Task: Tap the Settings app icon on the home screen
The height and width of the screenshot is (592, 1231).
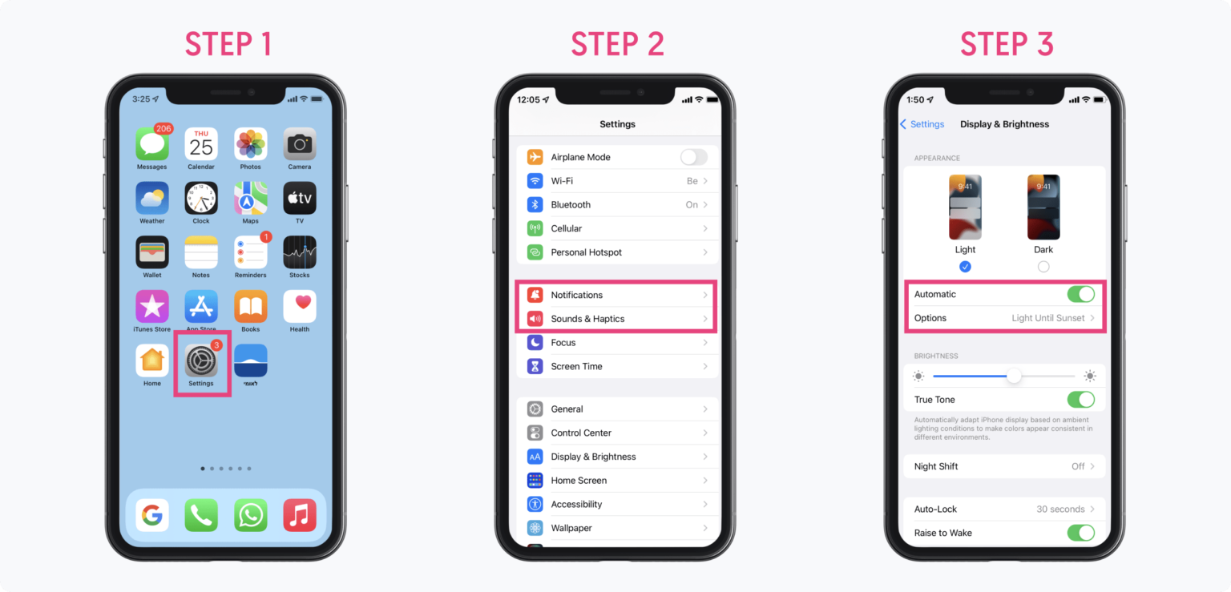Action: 201,361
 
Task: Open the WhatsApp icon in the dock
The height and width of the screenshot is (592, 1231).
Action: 251,515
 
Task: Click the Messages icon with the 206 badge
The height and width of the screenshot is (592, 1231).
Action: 151,145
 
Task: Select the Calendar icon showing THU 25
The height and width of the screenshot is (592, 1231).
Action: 201,145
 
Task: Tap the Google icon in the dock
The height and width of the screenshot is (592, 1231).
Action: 151,515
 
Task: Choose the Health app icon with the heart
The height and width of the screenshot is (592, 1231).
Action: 300,307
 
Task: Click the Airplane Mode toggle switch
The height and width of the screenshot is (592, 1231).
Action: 694,157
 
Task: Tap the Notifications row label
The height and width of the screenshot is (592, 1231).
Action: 576,295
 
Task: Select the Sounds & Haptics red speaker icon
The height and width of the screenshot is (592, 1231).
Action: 535,319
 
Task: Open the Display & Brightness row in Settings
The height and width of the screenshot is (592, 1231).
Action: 593,457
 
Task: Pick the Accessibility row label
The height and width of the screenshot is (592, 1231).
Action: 576,504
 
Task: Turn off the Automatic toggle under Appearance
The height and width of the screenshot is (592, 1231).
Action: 1080,294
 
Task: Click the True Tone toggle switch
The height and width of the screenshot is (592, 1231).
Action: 1080,399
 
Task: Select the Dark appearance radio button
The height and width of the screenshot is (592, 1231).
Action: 1043,267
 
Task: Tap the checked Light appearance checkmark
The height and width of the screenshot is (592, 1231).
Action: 965,267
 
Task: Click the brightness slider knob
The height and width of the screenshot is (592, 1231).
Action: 1014,376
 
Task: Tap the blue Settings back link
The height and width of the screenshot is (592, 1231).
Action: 922,124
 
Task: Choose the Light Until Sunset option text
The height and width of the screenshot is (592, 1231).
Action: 1047,318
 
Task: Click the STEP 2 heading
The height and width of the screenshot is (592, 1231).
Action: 617,44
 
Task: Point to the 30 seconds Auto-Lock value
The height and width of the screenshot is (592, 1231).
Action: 1060,509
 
